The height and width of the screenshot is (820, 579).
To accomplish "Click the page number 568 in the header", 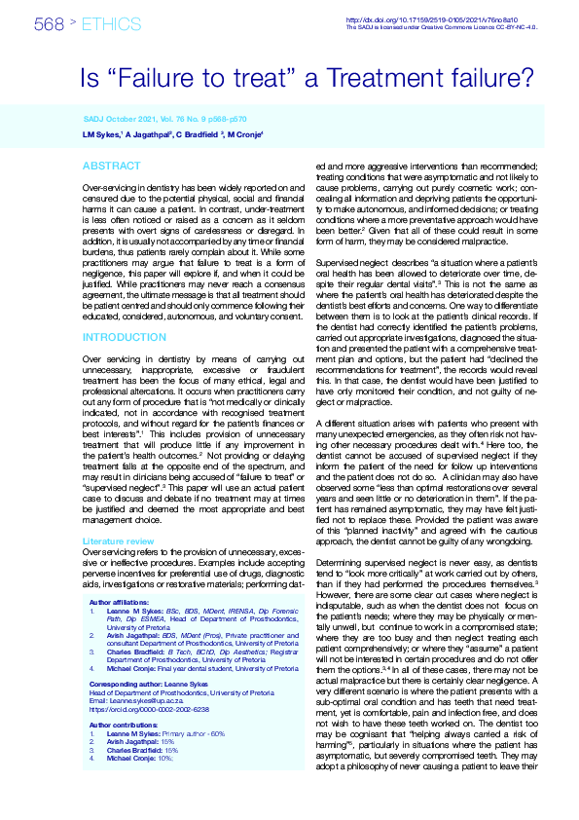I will [50, 24].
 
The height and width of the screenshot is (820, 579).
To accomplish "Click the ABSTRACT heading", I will [112, 167].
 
